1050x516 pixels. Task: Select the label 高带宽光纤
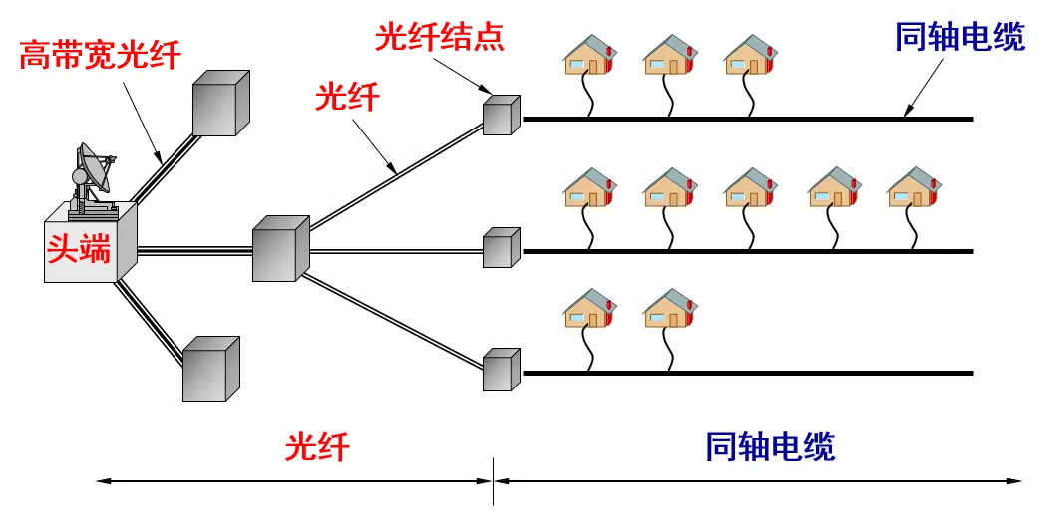click(101, 54)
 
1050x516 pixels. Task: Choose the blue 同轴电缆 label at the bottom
click(770, 445)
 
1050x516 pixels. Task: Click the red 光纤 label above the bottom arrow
click(317, 445)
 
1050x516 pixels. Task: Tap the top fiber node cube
click(502, 116)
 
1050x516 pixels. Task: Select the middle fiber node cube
click(502, 248)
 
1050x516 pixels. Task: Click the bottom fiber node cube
click(502, 369)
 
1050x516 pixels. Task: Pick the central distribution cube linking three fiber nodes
click(280, 248)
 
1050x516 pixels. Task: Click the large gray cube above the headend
click(221, 103)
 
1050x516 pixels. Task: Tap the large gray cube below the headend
click(211, 369)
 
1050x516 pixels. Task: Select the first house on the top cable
click(588, 55)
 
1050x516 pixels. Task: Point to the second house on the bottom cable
click(670, 308)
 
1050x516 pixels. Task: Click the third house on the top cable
click(750, 55)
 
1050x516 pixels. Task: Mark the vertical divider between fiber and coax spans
click(494, 481)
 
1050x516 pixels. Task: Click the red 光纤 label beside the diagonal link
click(347, 98)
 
